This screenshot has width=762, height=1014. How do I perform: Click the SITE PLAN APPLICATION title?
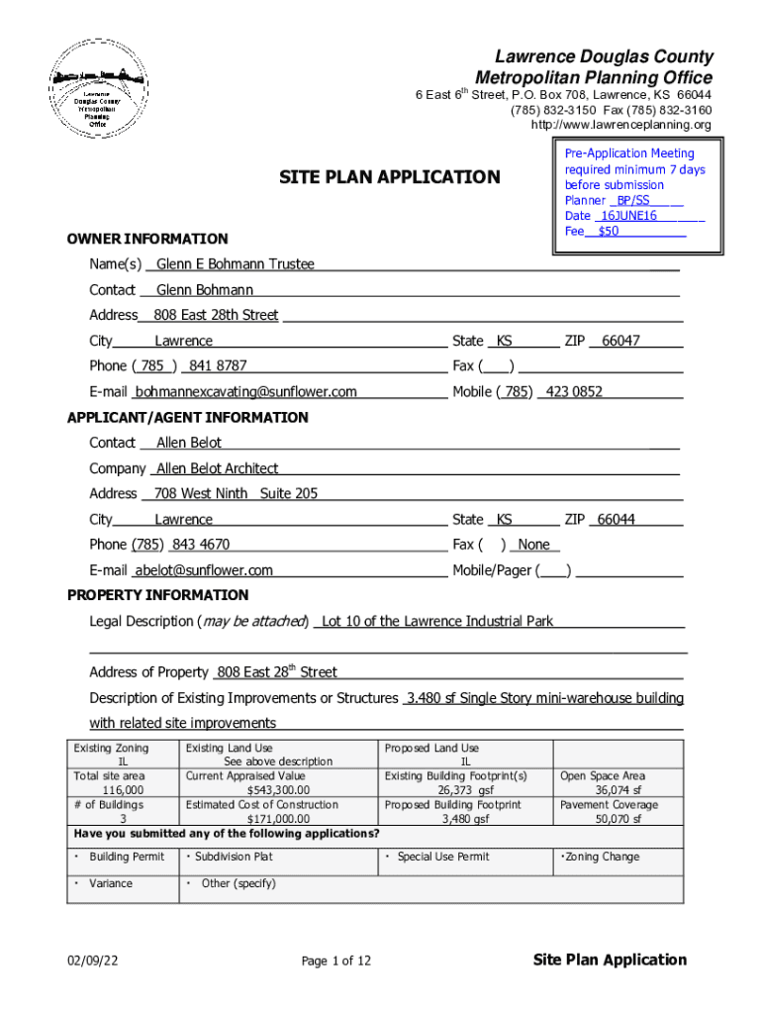pos(389,177)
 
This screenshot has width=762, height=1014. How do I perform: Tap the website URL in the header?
pos(620,125)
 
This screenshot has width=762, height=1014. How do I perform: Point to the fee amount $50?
pos(608,231)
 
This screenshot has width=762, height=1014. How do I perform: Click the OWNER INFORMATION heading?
pos(146,239)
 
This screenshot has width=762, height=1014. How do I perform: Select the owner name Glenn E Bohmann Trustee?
pos(236,263)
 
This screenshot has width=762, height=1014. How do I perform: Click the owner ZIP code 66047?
pos(620,341)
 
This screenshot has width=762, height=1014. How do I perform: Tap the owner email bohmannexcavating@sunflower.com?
pos(246,392)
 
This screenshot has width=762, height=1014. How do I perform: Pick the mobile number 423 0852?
pos(573,392)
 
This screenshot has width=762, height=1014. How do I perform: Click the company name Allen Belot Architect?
pos(217,468)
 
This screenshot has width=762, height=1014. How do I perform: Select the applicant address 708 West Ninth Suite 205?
pos(237,493)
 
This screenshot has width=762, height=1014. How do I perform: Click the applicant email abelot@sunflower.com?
pos(204,570)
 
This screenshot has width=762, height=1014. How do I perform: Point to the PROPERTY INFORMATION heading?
pos(157,595)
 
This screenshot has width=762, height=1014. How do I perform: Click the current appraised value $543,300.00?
pos(278,790)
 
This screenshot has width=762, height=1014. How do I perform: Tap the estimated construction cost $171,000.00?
pos(278,819)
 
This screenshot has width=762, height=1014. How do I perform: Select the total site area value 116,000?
pos(123,790)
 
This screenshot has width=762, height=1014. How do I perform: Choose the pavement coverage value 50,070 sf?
pos(618,819)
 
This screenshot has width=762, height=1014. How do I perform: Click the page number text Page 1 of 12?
pos(336,961)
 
